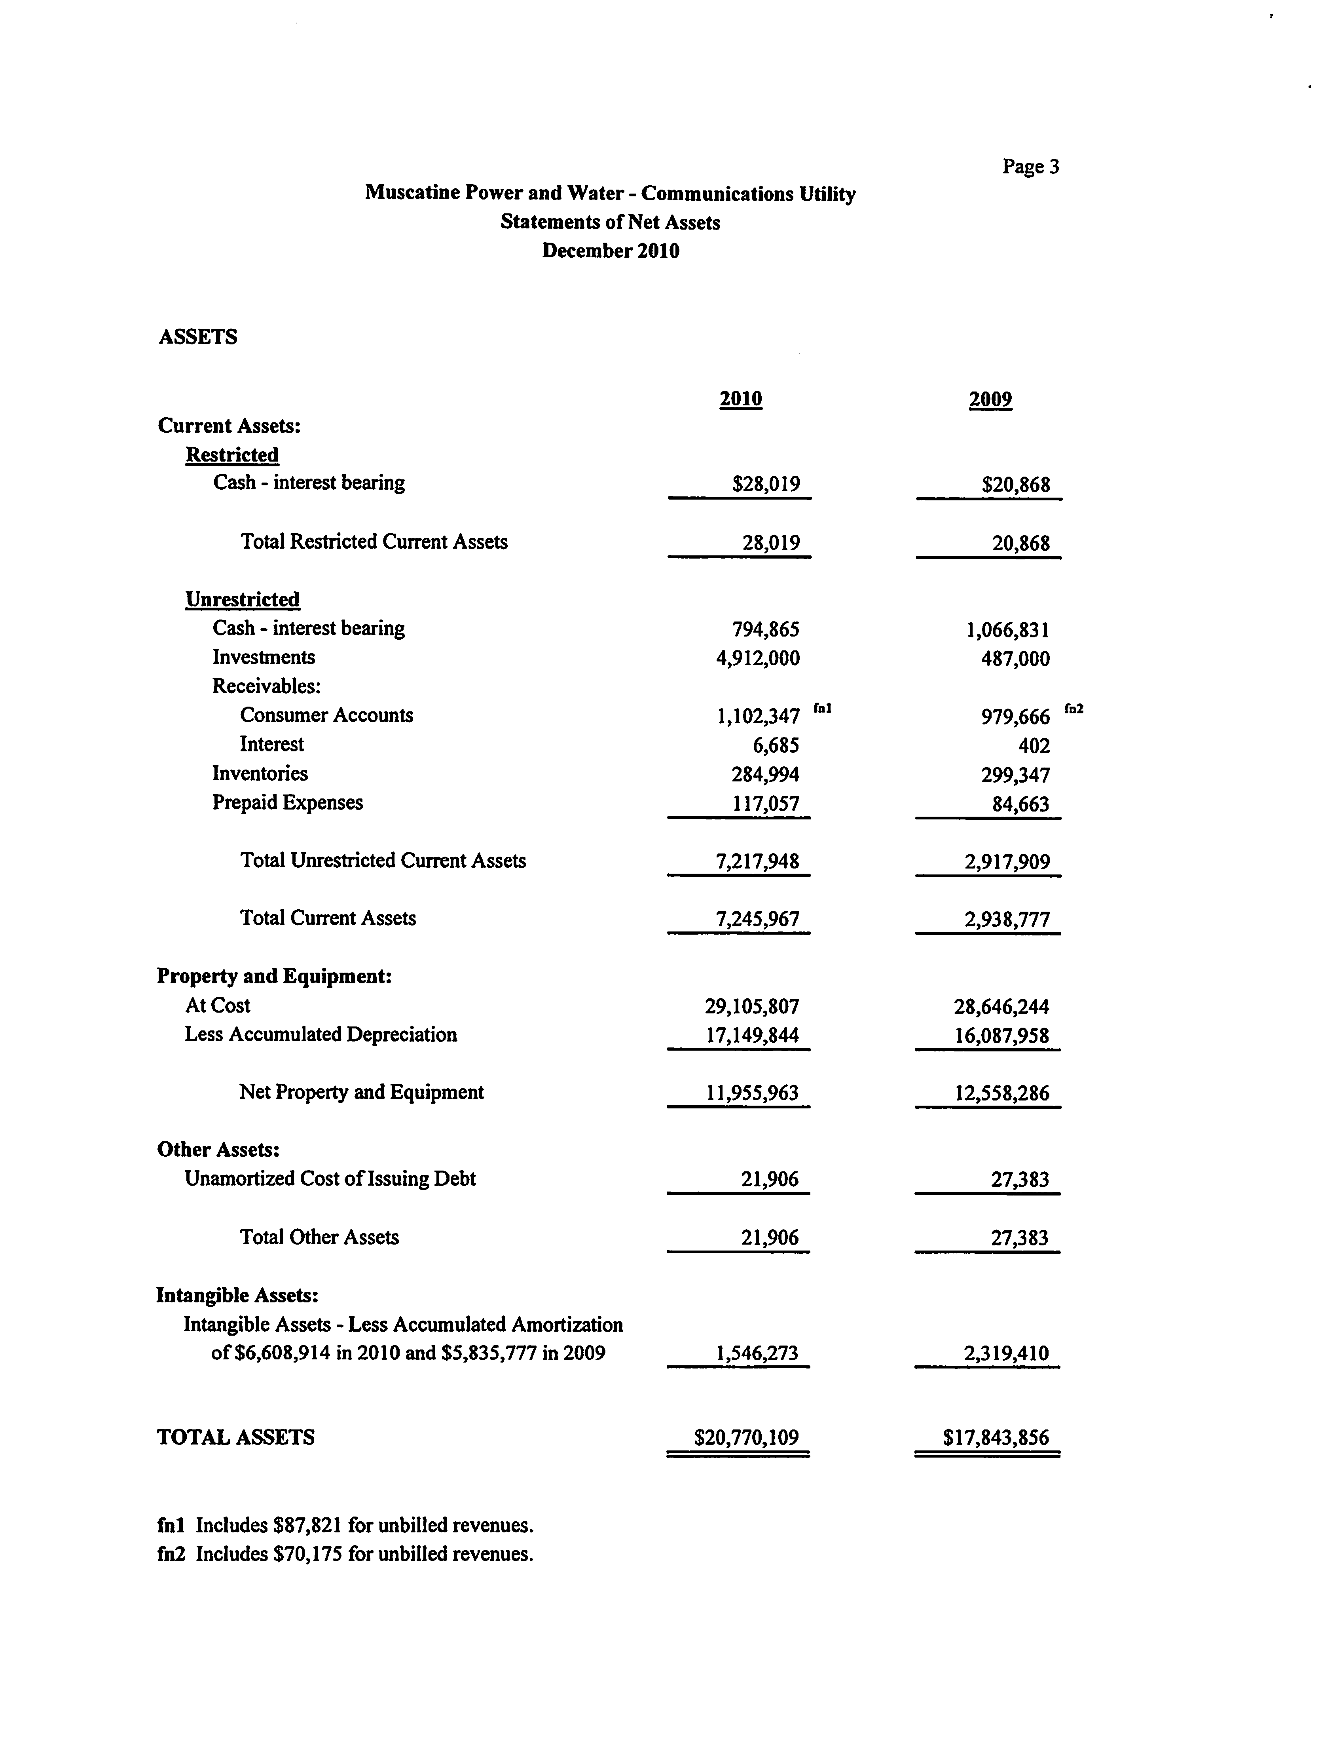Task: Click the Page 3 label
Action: [x=1030, y=167]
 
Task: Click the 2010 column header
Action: [x=740, y=399]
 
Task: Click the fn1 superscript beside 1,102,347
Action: [x=823, y=707]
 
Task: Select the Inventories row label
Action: [x=260, y=773]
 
